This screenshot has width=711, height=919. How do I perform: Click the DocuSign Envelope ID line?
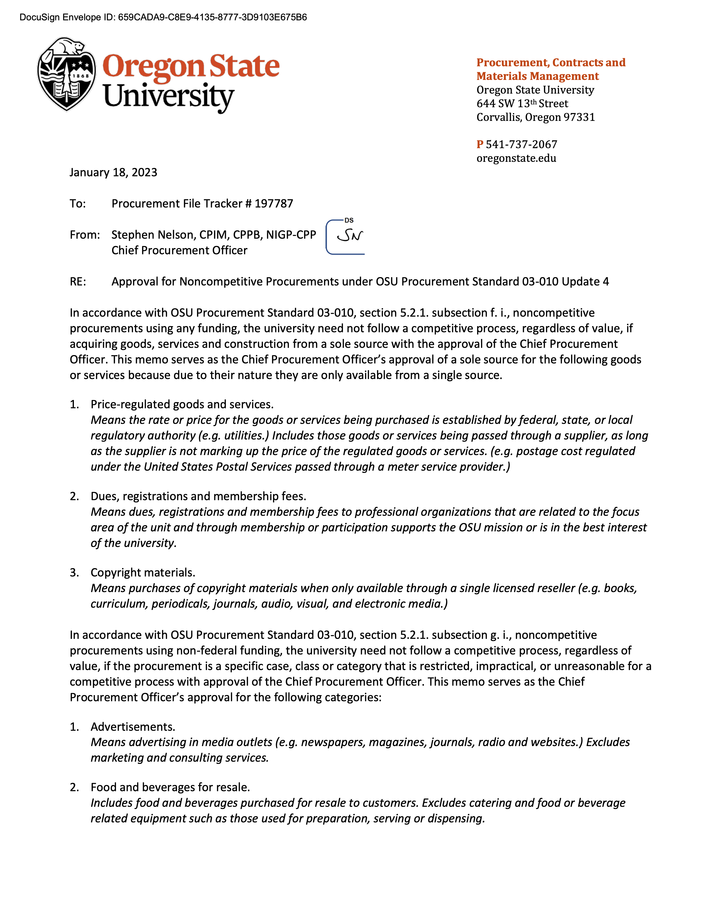tap(163, 17)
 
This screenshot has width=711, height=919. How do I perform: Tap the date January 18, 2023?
tap(113, 173)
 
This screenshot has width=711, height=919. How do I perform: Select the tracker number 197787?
tap(274, 204)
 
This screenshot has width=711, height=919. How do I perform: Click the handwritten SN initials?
tap(350, 236)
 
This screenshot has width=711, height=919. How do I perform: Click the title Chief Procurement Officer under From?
tap(180, 250)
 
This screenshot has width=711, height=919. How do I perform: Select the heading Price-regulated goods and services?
tap(182, 404)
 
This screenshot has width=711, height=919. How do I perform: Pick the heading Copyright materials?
tap(143, 573)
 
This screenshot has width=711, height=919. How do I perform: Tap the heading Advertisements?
tap(133, 727)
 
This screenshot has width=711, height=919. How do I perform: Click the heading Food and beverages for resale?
tap(170, 787)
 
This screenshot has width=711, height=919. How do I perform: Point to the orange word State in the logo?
tap(244, 67)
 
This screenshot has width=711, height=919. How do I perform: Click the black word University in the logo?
tap(168, 97)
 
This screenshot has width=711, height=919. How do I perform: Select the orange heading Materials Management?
tap(538, 76)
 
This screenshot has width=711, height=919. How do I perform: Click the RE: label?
tap(78, 282)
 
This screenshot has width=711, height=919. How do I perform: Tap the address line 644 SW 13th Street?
tap(522, 104)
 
